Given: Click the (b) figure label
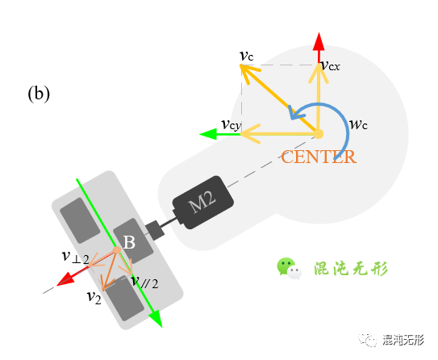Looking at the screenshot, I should click(x=39, y=94).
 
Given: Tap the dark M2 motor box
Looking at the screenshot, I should click(x=202, y=202).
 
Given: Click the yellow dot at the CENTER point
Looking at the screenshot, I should click(x=318, y=133).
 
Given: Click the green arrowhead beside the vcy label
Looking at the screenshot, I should click(x=210, y=134).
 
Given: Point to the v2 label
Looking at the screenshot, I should click(x=94, y=296).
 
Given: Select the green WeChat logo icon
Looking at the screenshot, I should click(x=288, y=267).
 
